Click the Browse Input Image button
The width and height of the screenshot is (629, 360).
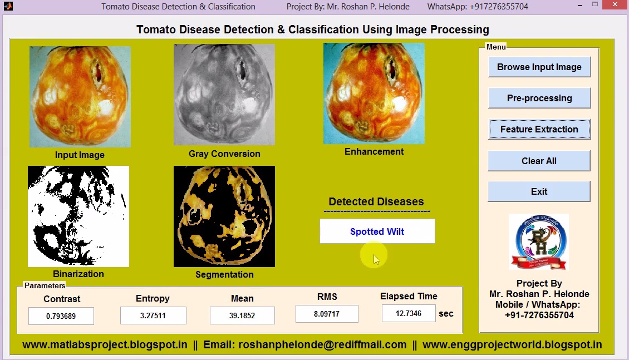pyautogui.click(x=539, y=67)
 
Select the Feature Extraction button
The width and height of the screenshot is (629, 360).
pyautogui.click(x=539, y=129)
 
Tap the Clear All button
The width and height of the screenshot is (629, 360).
pyautogui.click(x=539, y=161)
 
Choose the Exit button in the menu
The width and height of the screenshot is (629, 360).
pyautogui.click(x=539, y=191)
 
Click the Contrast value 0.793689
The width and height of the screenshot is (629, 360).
pyautogui.click(x=61, y=316)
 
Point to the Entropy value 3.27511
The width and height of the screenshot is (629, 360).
pyautogui.click(x=153, y=315)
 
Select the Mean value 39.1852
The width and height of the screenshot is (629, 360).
pyautogui.click(x=242, y=315)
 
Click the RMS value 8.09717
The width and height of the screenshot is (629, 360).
pyautogui.click(x=327, y=314)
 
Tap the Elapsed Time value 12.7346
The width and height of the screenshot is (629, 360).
pyautogui.click(x=409, y=313)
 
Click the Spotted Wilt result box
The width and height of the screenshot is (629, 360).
pyautogui.click(x=377, y=231)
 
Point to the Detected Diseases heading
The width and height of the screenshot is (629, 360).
pyautogui.click(x=376, y=202)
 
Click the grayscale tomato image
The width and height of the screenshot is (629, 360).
pyautogui.click(x=224, y=95)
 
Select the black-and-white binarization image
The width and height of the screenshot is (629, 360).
pyautogui.click(x=78, y=216)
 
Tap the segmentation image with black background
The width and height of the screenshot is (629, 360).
pyautogui.click(x=224, y=216)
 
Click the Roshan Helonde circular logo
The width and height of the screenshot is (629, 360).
pyautogui.click(x=539, y=242)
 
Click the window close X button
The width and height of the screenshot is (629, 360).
pyautogui.click(x=615, y=5)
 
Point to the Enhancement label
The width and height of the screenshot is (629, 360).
pyautogui.click(x=374, y=151)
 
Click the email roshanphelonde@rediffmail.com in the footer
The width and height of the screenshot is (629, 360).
pyautogui.click(x=305, y=345)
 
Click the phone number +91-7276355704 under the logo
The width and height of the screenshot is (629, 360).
pyautogui.click(x=539, y=315)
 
